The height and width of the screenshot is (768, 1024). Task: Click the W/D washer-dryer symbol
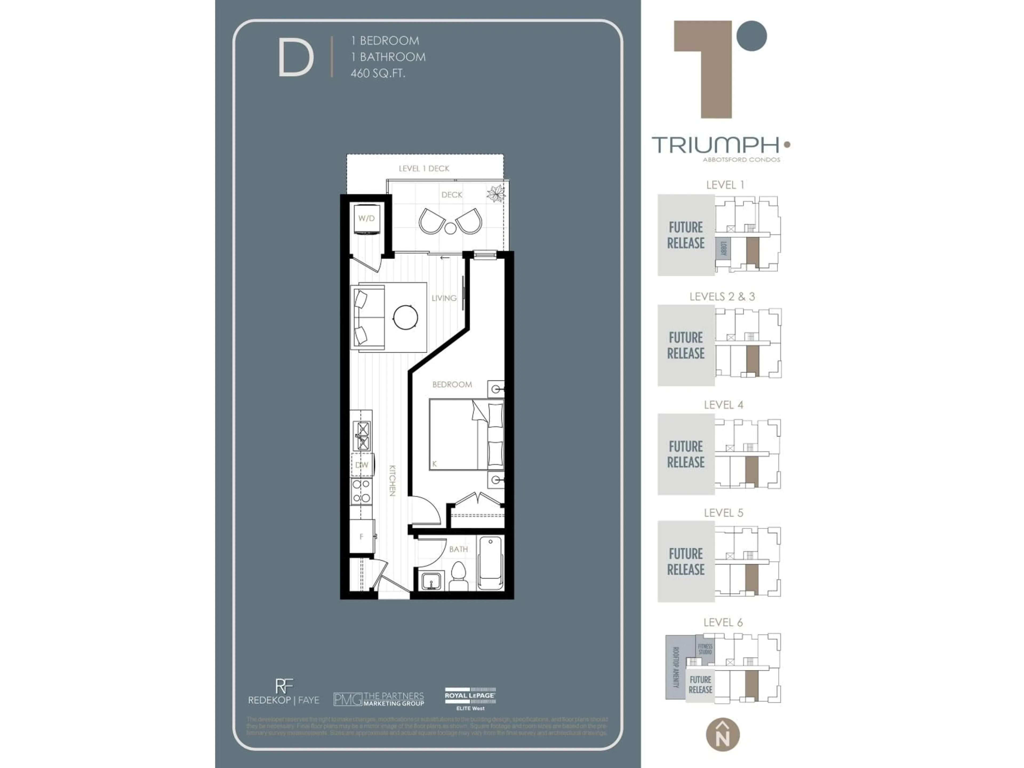point(366,218)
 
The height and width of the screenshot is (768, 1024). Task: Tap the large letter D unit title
point(295,58)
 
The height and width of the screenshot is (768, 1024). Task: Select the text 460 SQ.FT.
point(378,73)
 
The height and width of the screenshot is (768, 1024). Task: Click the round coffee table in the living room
point(406,317)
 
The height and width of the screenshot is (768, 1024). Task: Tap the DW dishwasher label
point(362,465)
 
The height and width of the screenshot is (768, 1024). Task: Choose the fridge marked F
point(362,536)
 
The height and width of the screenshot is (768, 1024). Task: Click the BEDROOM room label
point(452,384)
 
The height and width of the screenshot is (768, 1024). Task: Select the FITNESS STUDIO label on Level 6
point(705,649)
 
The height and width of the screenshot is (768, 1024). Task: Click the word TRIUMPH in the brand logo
point(715,145)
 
